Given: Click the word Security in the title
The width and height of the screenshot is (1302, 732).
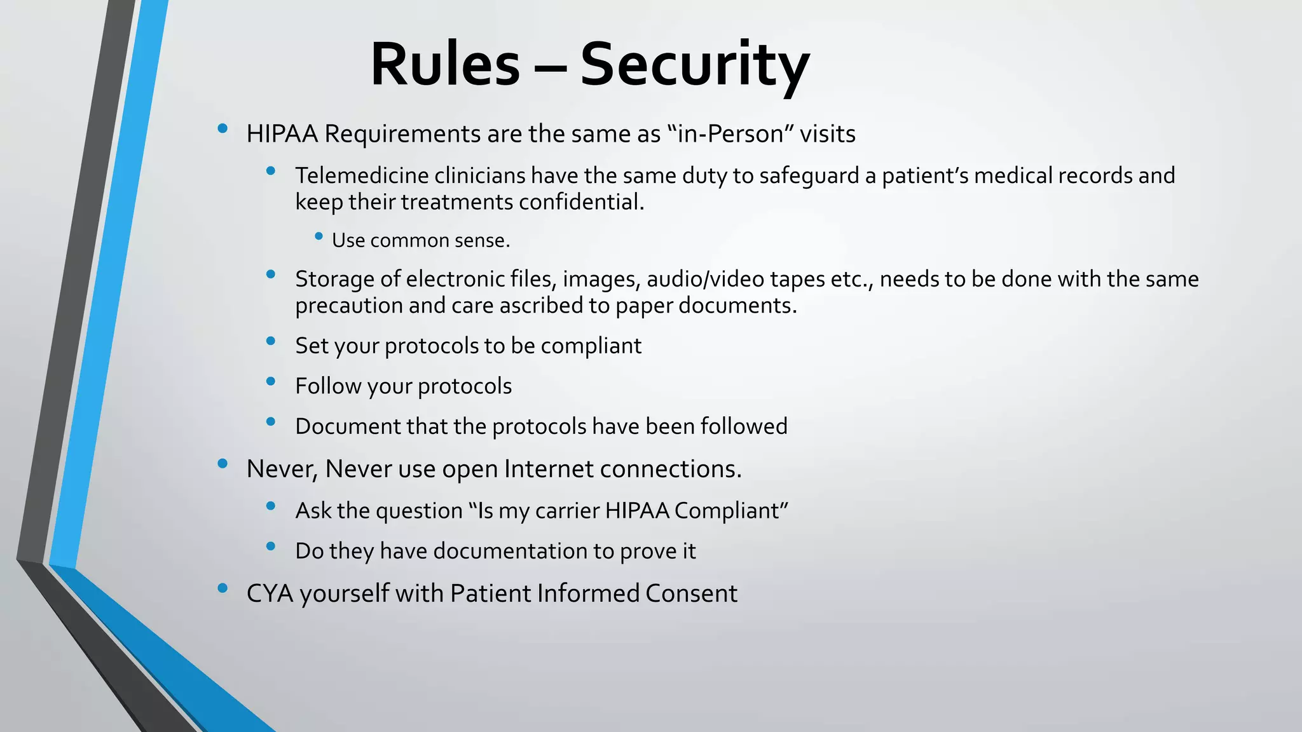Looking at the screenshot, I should click(694, 65).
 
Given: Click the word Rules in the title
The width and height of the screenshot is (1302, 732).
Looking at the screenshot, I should click(445, 65).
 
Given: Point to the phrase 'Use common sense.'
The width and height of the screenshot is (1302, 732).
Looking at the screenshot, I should click(421, 241).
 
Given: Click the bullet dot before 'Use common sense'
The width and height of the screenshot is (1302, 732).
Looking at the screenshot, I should click(319, 236).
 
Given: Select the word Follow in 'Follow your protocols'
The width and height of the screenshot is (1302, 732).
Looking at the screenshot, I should click(328, 386).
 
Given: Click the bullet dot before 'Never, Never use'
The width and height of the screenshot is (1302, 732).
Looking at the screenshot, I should click(223, 464).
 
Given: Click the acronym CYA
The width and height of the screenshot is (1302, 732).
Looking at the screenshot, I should click(270, 593).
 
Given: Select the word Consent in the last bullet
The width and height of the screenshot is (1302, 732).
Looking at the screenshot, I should click(691, 593).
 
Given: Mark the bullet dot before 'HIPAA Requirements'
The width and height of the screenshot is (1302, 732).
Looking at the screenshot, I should click(223, 129).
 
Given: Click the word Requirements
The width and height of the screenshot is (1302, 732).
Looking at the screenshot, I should click(402, 134).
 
